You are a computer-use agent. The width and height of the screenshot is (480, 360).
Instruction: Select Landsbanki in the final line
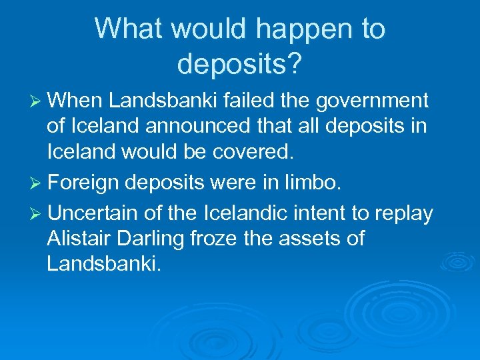click(104, 263)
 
